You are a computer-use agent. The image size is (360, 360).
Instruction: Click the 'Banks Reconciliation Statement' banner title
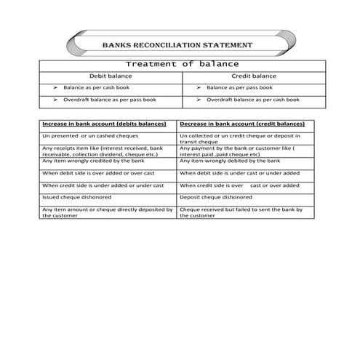(178, 45)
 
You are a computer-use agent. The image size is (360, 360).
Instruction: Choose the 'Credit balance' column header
(254, 76)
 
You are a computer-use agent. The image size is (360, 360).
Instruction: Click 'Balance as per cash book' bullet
(97, 87)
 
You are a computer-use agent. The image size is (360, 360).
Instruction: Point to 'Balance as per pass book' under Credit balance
(241, 87)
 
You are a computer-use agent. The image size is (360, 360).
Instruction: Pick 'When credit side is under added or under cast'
(103, 185)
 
